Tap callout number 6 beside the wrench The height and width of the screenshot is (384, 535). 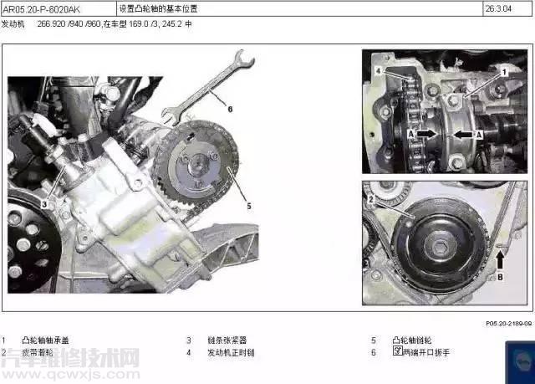click(x=230, y=108)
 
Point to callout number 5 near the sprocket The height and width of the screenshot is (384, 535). click(x=247, y=202)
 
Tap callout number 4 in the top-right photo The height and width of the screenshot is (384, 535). click(x=377, y=72)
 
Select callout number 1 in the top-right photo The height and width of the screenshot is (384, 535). click(x=504, y=72)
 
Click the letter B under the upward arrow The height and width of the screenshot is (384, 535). click(x=500, y=273)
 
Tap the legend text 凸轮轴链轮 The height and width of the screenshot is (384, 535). click(x=415, y=340)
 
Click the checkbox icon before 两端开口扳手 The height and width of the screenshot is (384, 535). click(x=397, y=352)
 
